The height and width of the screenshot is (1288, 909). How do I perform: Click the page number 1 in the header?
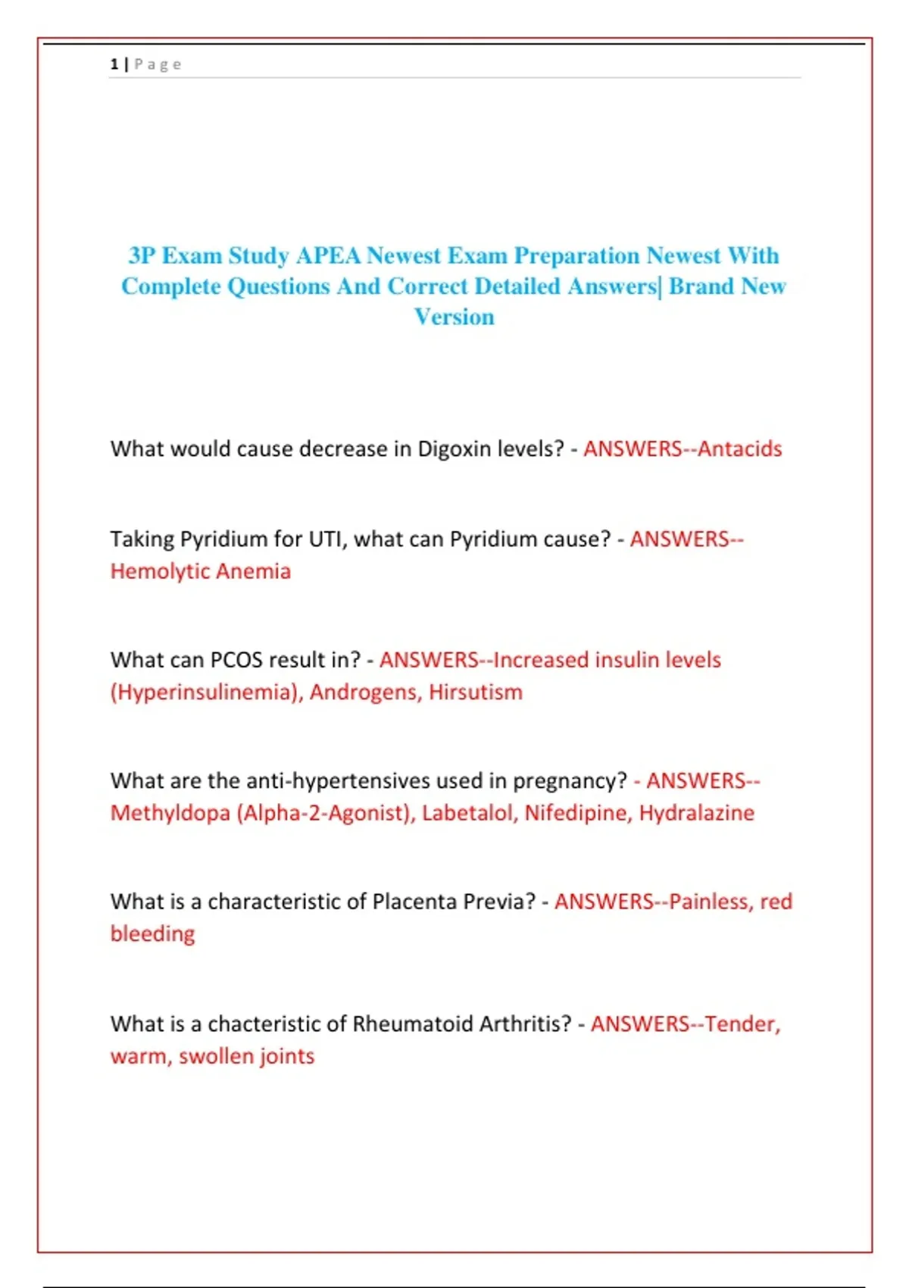[114, 64]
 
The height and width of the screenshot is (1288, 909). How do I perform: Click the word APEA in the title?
[328, 255]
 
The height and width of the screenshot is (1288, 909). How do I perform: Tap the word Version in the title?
[454, 317]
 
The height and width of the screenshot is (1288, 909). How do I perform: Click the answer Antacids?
[739, 449]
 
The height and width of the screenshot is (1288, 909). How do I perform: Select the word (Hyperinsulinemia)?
[206, 692]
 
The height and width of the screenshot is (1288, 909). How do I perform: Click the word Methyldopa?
[170, 813]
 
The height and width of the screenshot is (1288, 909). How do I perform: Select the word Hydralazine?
[697, 813]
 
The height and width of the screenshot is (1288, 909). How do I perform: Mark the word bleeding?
[152, 934]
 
